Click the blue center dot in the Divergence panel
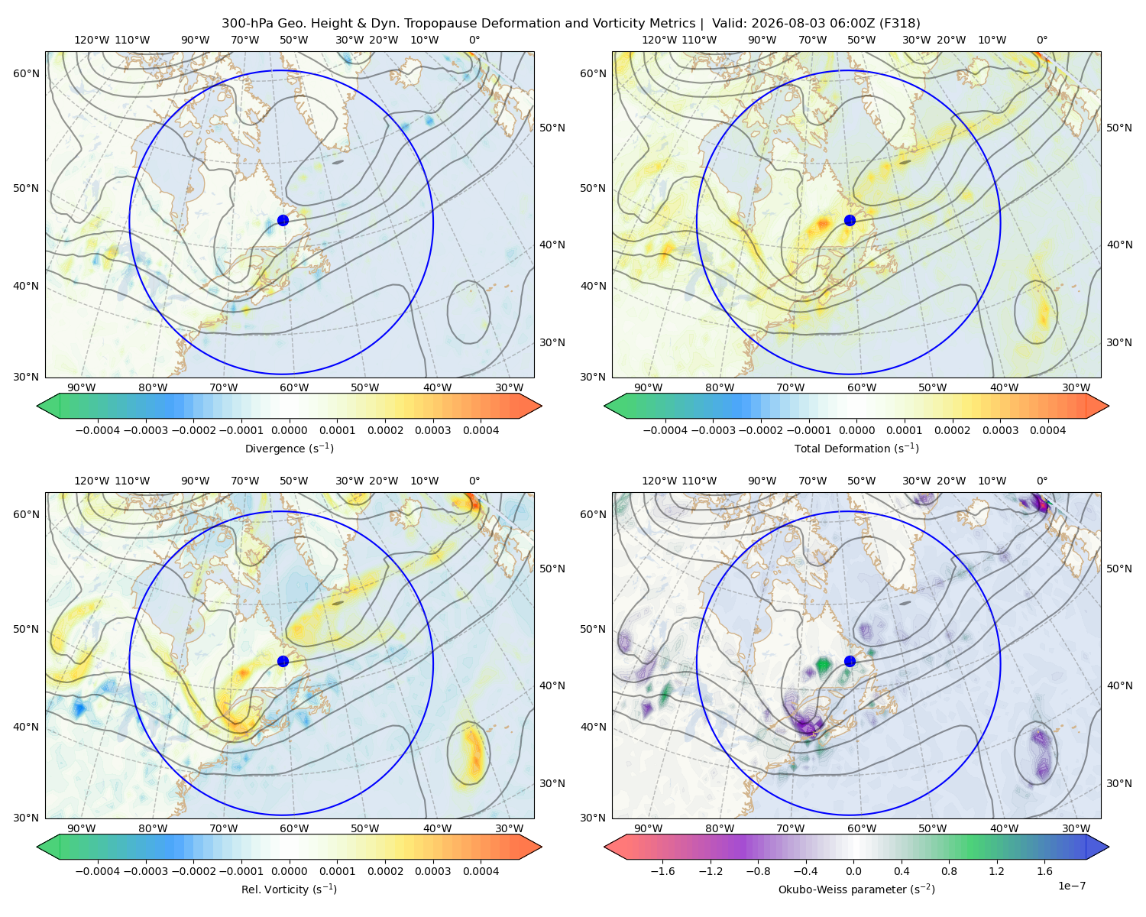point(283,220)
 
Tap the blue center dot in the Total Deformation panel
point(850,220)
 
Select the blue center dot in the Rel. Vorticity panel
point(283,661)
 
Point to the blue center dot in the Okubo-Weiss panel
point(850,661)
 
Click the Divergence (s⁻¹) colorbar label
point(289,448)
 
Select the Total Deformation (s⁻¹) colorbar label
point(856,448)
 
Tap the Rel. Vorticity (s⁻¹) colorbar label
point(289,889)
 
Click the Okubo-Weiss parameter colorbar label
point(856,889)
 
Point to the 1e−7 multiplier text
point(1071,886)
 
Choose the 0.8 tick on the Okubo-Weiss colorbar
point(949,871)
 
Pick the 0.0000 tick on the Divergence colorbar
point(289,430)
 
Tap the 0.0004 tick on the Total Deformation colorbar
point(1048,430)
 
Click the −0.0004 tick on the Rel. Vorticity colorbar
point(98,871)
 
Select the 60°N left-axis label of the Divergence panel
point(26,73)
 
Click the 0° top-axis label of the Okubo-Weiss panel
point(1041,481)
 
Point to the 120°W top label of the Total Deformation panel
point(659,40)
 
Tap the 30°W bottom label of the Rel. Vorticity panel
point(509,828)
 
